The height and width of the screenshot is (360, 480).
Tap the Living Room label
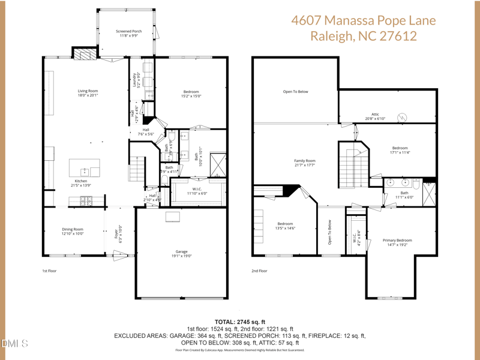(x=88, y=93)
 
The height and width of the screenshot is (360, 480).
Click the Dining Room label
(x=73, y=231)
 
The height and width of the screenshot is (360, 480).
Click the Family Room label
(x=305, y=163)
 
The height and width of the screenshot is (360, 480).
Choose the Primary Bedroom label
(x=397, y=242)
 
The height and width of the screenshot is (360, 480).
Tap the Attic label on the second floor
(x=375, y=116)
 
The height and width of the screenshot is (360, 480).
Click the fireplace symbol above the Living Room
(x=85, y=54)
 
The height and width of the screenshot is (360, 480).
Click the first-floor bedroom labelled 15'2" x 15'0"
(x=191, y=94)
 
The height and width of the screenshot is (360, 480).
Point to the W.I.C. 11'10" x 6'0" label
(x=196, y=191)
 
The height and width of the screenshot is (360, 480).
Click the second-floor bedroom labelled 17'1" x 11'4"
(x=400, y=150)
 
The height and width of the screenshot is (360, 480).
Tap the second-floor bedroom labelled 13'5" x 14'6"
(x=285, y=226)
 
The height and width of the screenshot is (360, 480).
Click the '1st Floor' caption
(x=49, y=271)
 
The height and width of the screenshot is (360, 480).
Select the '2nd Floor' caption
(x=259, y=271)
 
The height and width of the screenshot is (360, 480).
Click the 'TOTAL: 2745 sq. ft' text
(x=240, y=322)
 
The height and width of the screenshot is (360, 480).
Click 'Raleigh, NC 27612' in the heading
(x=364, y=36)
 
